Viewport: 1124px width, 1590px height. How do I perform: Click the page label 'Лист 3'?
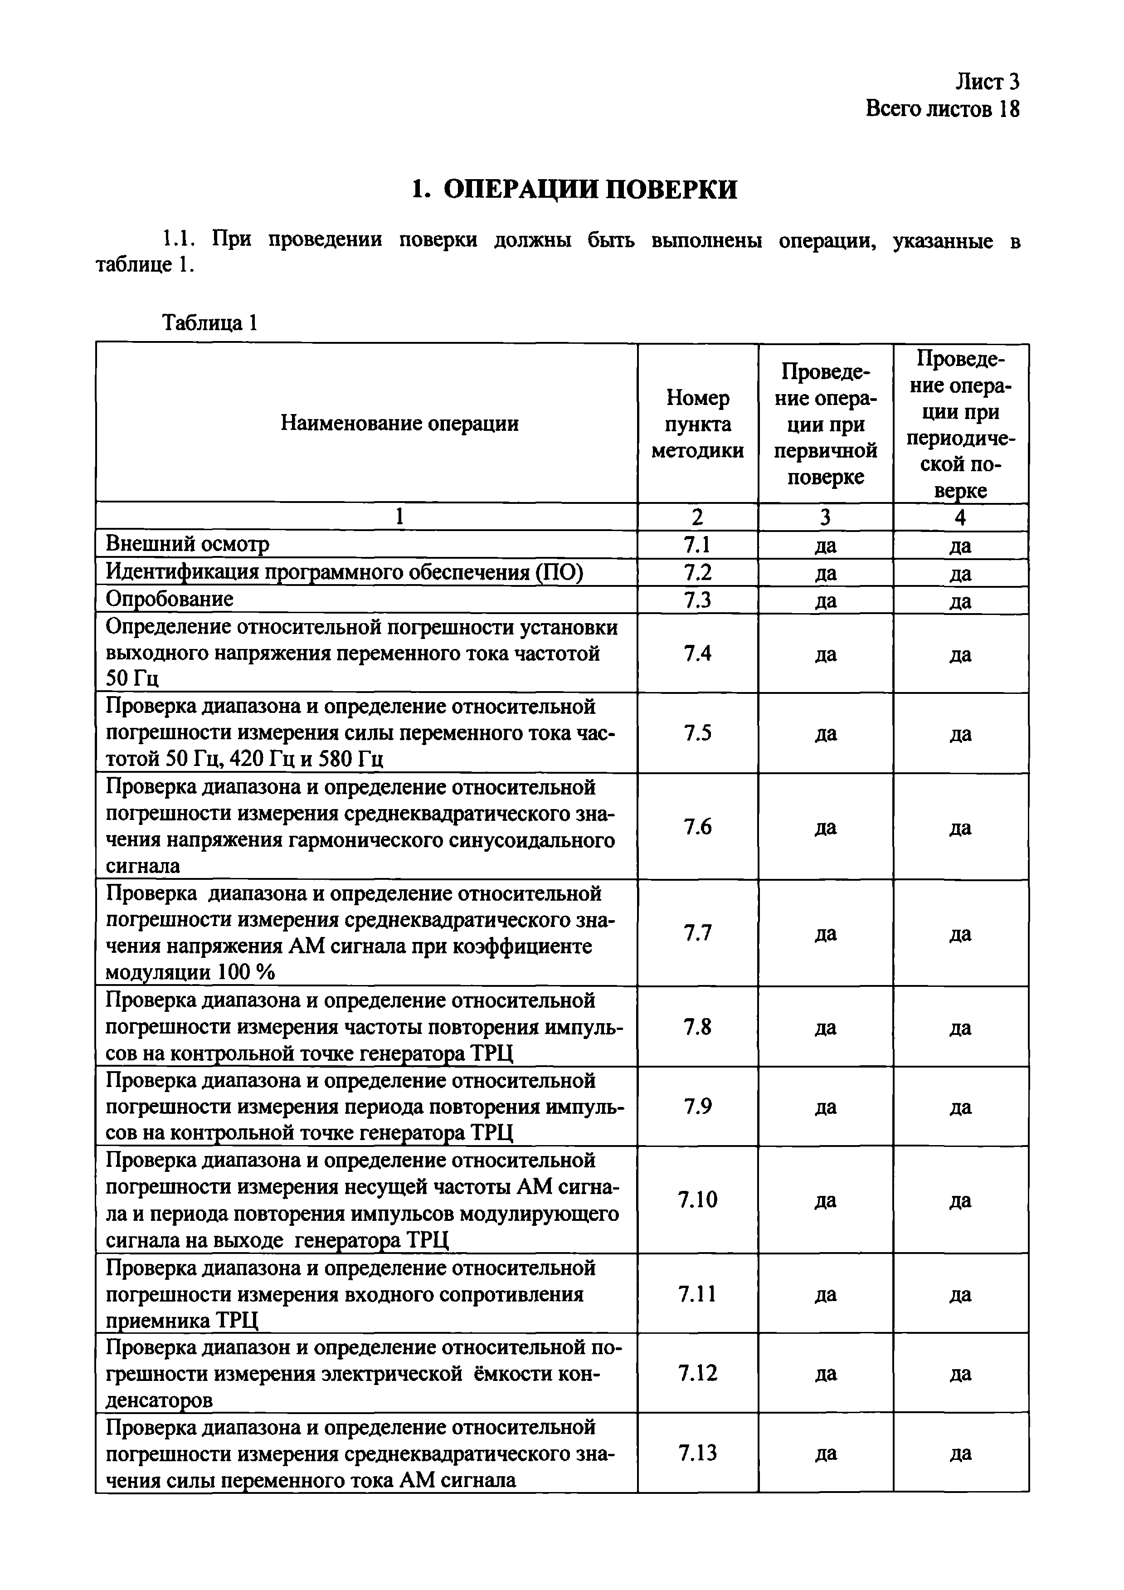[987, 83]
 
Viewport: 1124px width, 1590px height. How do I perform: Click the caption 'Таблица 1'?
[210, 323]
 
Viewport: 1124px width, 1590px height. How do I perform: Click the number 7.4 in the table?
[697, 653]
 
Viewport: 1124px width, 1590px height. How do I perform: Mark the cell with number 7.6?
[697, 827]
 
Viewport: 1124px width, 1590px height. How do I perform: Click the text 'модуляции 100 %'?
[190, 973]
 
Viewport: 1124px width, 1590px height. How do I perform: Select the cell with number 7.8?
[697, 1027]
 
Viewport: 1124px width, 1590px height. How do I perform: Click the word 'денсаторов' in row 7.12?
[159, 1401]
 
